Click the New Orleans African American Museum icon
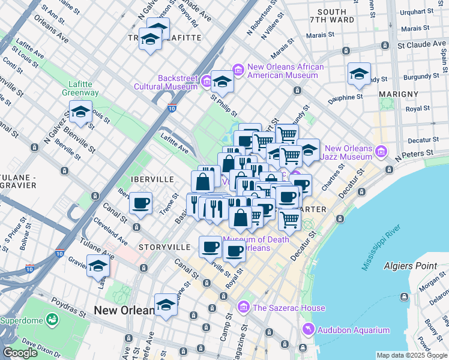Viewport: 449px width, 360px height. (238, 71)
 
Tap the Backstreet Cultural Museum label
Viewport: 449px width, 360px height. (178, 82)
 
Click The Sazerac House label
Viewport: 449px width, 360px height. (289, 308)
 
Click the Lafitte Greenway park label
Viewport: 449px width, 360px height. (80, 88)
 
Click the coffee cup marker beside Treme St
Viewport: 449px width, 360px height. (141, 203)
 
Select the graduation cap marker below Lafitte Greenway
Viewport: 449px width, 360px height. (80, 112)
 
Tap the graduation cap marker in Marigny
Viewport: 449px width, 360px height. (359, 74)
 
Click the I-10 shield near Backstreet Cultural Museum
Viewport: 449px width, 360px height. (172, 109)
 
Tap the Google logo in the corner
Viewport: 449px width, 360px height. (20, 353)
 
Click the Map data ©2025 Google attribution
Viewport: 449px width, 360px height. (412, 355)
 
